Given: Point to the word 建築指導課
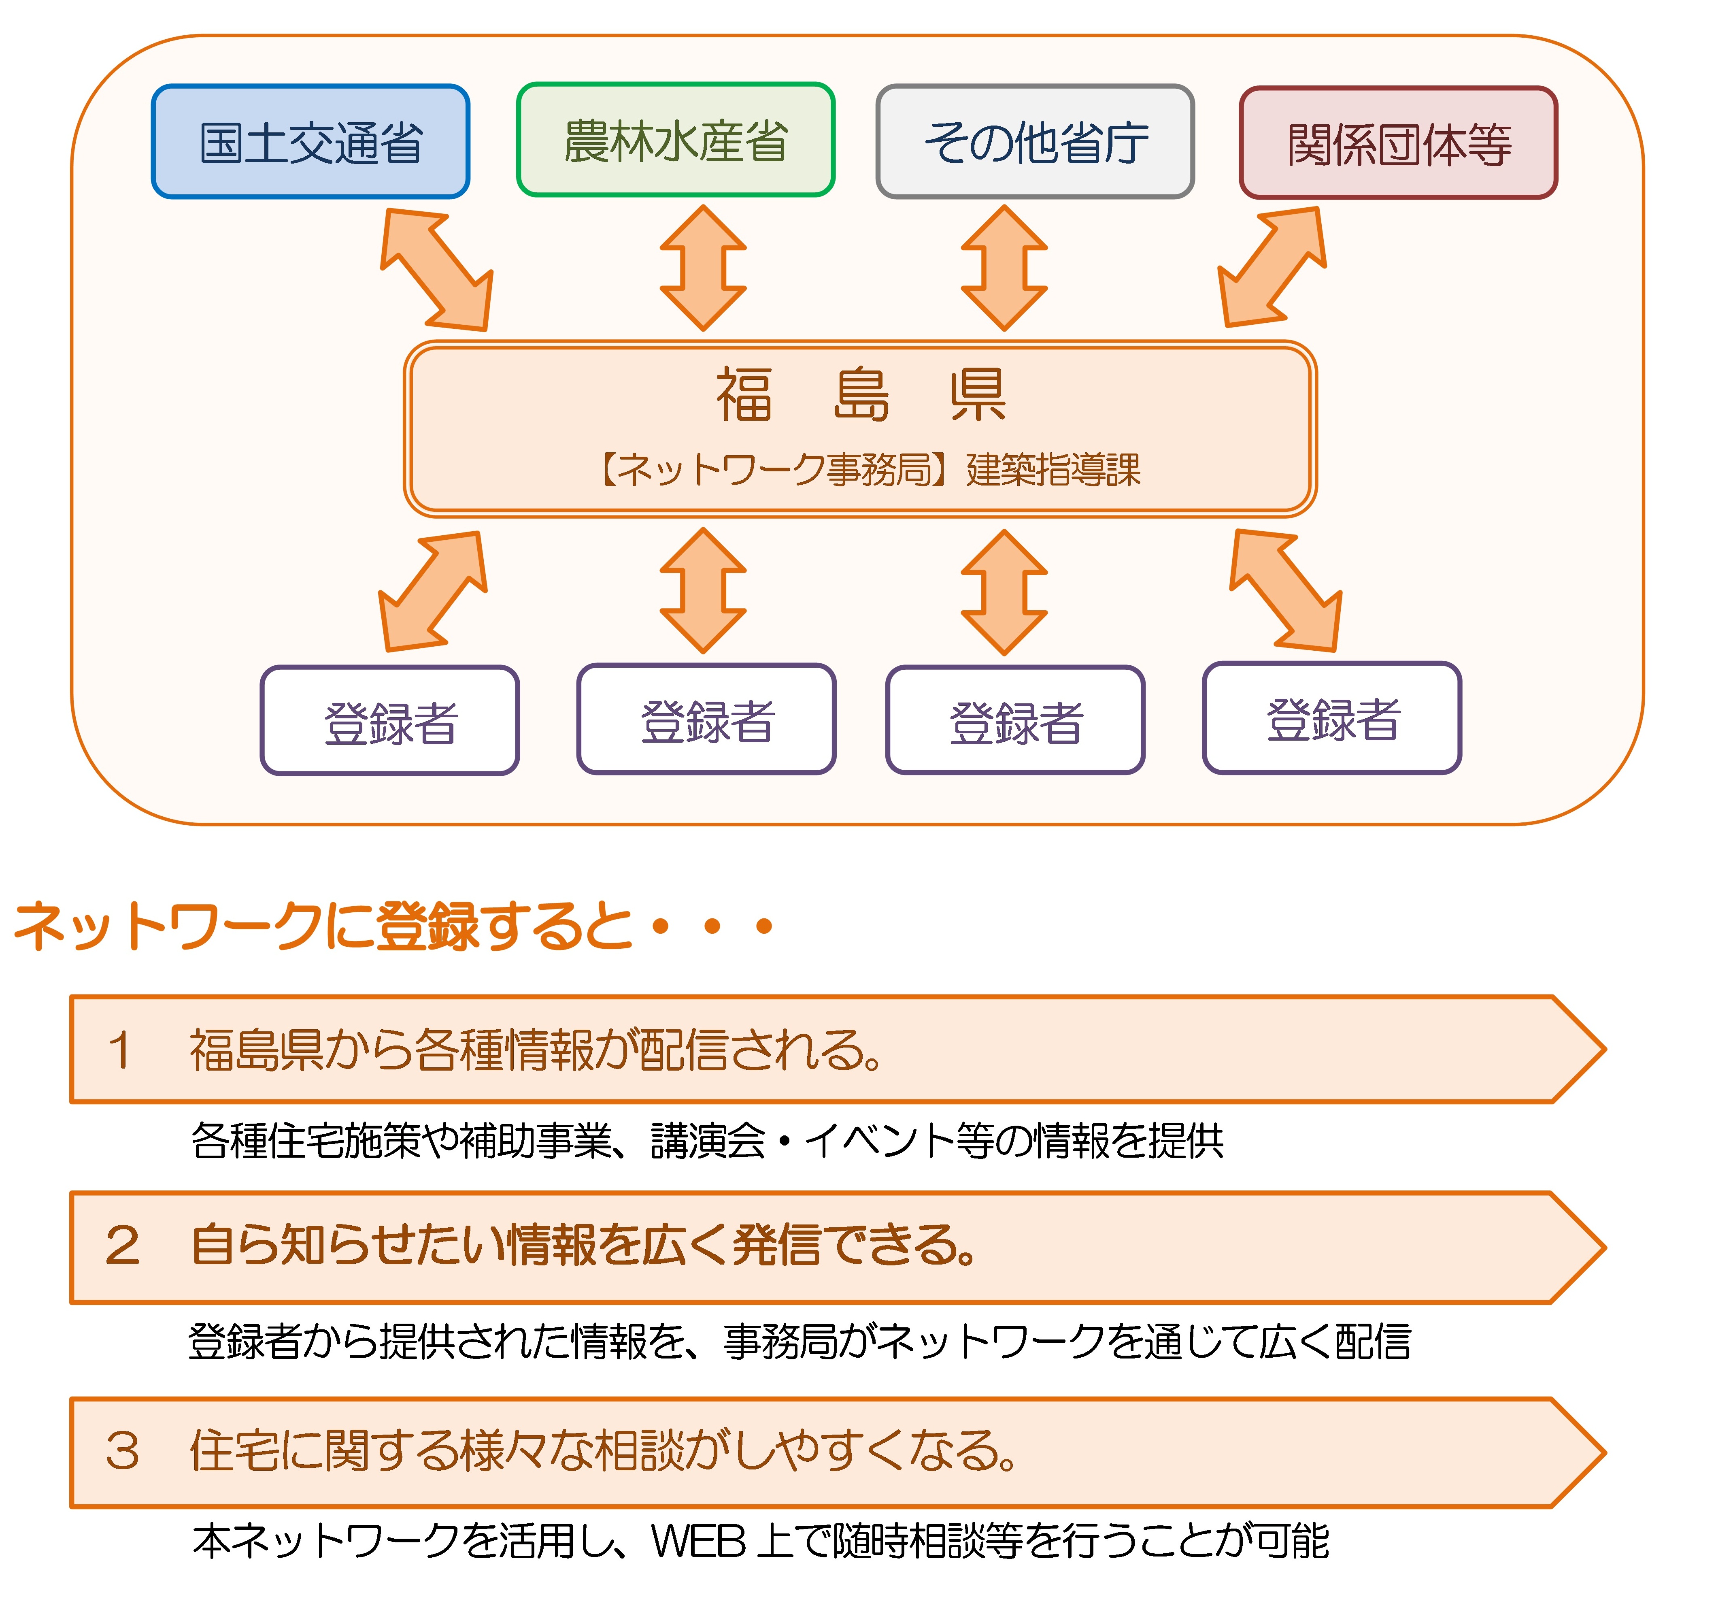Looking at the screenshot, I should pyautogui.click(x=1053, y=471).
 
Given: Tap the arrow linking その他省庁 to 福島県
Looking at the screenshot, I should pyautogui.click(x=1004, y=268).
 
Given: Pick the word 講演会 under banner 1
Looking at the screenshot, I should pyautogui.click(x=708, y=1141).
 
